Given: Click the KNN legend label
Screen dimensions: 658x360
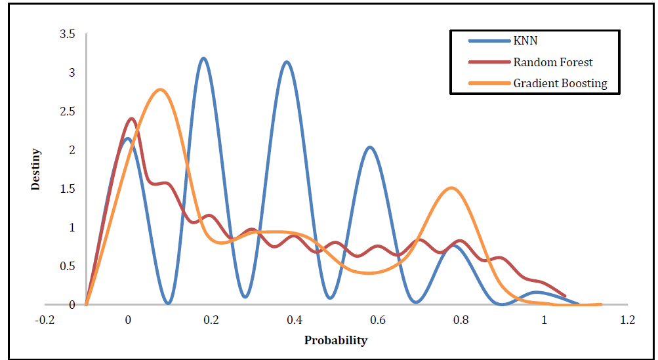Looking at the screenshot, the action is pos(525,41).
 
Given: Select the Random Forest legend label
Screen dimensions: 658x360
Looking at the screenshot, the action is pos(553,62).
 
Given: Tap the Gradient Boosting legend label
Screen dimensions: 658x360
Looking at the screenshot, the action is pos(560,83).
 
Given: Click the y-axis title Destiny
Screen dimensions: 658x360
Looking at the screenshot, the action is pos(36,170).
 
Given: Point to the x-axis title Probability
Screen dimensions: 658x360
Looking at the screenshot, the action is pos(336,340).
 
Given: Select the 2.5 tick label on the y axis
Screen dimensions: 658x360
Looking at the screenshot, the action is pos(68,111).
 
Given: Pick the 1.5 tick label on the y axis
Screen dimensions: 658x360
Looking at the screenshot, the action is pos(68,189).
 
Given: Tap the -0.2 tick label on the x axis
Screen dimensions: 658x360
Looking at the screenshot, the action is pos(45,320).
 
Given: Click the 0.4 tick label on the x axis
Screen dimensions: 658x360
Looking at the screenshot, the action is pos(294,320).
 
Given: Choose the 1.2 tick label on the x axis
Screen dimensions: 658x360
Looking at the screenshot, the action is pos(627,320).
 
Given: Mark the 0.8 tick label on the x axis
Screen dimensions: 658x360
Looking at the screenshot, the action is pos(461,320).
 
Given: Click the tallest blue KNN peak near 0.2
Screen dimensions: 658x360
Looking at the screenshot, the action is pos(203,58).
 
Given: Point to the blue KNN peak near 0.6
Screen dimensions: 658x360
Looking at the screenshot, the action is pos(370,148).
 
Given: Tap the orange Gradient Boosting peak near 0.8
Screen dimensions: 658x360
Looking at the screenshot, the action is pos(451,188).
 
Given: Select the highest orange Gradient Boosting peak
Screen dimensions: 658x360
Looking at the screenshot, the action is pos(160,90).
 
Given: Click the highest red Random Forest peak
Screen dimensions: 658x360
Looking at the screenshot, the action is pos(131,119).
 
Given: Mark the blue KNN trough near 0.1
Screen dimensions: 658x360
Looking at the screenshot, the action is pos(168,302).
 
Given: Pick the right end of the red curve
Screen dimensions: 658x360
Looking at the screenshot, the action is pos(565,296).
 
